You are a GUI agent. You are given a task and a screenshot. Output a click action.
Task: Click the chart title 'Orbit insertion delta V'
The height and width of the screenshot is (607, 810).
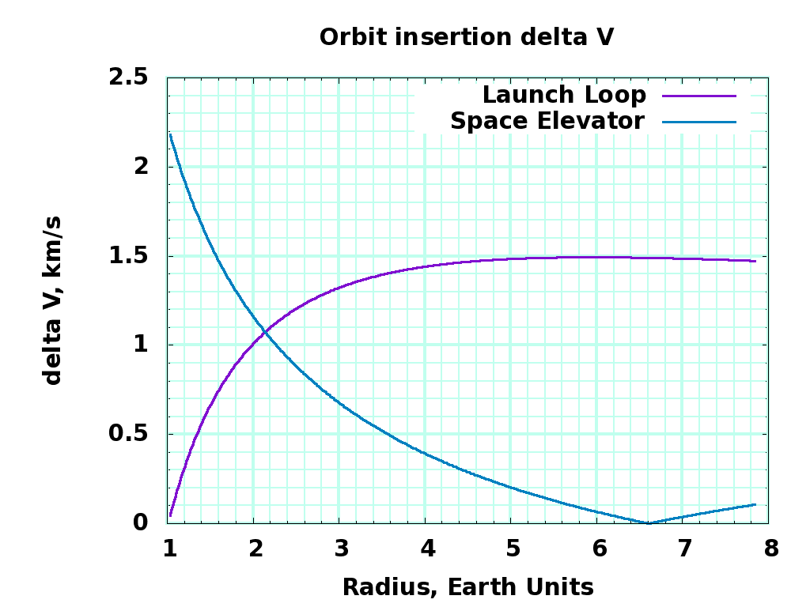coord(467,37)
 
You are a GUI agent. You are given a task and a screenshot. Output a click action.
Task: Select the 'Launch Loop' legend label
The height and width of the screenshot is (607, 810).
coord(564,95)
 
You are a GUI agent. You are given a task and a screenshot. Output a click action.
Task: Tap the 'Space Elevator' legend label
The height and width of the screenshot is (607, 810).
coord(547,121)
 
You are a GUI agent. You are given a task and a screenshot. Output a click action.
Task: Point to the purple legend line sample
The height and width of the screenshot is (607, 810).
coord(699,96)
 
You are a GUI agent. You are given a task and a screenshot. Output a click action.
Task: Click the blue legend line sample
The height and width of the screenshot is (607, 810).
coord(699,122)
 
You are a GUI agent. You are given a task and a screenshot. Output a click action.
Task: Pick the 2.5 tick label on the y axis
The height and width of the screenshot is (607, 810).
coord(129,77)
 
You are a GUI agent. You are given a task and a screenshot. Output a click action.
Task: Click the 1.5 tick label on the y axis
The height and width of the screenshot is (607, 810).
coord(129,256)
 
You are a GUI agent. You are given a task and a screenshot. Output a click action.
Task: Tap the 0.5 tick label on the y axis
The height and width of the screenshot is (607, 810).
coord(129,434)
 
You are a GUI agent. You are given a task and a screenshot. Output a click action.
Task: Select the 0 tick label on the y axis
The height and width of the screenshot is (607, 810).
coord(141,522)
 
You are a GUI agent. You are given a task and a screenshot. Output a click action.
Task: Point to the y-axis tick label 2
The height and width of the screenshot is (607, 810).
coord(141,167)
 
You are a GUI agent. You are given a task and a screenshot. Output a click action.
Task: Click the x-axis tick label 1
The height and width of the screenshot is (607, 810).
coord(169,548)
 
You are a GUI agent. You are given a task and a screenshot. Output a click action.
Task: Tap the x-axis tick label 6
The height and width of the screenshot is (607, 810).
coord(599,548)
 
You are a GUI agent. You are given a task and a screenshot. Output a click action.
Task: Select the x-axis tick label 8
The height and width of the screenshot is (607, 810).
coord(770,548)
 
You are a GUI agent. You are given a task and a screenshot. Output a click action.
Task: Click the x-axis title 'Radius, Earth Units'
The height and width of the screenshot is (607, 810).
coord(467,587)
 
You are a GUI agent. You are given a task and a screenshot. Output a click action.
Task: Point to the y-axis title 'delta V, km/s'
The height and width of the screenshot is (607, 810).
coord(53,300)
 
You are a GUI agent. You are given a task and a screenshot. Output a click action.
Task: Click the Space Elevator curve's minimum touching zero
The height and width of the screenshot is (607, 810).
coord(649,522)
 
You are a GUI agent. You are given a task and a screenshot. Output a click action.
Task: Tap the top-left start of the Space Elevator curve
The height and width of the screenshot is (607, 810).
coord(170,134)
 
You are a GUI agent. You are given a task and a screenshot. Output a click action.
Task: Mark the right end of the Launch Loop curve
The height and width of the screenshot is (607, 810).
coord(755,261)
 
